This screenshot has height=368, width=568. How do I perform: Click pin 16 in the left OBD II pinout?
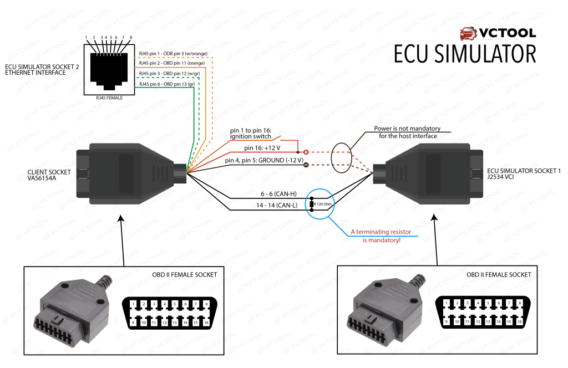tap(206, 321)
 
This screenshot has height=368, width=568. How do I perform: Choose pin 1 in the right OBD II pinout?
tap(446, 304)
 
